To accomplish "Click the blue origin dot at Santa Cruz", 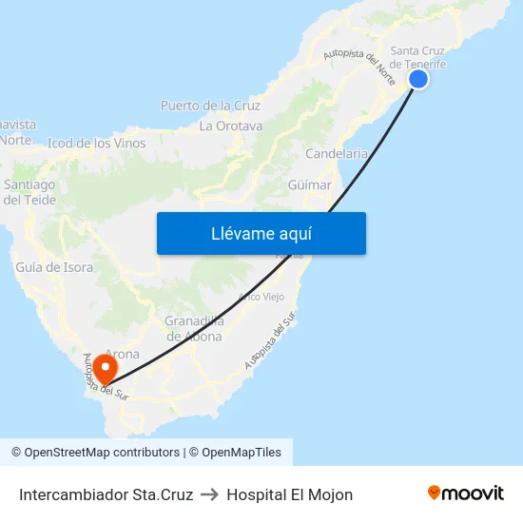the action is click(417, 79).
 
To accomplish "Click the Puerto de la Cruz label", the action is click(210, 106).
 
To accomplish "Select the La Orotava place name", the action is click(231, 126).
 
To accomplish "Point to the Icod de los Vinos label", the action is click(97, 144).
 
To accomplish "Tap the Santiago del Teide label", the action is click(30, 192).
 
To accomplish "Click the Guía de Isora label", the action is click(54, 267).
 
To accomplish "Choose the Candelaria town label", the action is click(337, 153).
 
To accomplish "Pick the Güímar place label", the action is click(309, 184).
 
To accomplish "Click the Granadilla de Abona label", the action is click(194, 328).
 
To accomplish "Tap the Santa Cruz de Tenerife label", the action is click(418, 57).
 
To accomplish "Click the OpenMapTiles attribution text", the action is click(241, 453).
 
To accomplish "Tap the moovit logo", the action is click(466, 494).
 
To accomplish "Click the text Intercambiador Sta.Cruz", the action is click(107, 494).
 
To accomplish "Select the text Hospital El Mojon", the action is click(290, 494).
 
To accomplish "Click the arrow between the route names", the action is click(210, 494).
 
